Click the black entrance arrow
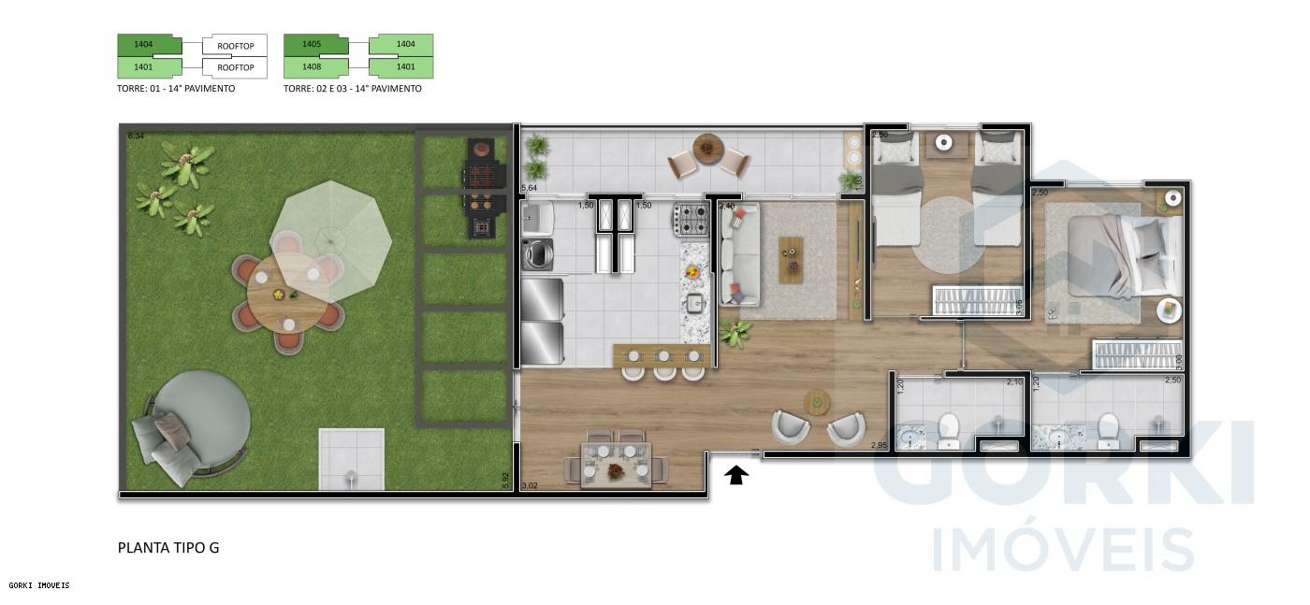737,476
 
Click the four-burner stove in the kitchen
691,220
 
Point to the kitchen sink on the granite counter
694,302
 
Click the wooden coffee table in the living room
791,259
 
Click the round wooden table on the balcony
708,149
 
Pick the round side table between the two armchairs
817,402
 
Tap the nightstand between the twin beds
944,143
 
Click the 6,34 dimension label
136,137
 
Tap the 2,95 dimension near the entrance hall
878,445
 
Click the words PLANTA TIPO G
168,548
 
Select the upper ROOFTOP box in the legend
235,45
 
